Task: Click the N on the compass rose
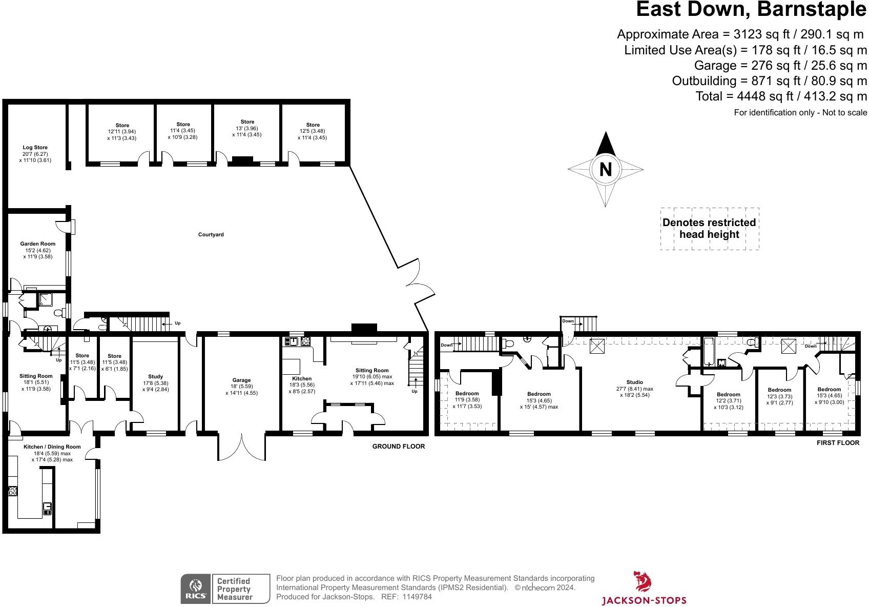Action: [605, 169]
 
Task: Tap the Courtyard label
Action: [211, 235]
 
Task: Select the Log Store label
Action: [35, 148]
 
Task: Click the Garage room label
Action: [241, 380]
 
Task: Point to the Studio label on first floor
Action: [634, 382]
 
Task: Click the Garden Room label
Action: [38, 244]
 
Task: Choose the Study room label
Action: [155, 377]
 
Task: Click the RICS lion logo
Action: [195, 589]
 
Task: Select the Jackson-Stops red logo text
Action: [644, 600]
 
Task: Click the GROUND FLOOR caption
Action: [398, 447]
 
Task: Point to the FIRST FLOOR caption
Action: [838, 443]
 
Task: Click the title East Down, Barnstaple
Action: [751, 10]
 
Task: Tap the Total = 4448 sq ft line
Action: [781, 96]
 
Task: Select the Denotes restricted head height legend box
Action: [709, 229]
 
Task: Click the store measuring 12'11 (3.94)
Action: [122, 132]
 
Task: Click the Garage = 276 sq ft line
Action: [780, 66]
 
